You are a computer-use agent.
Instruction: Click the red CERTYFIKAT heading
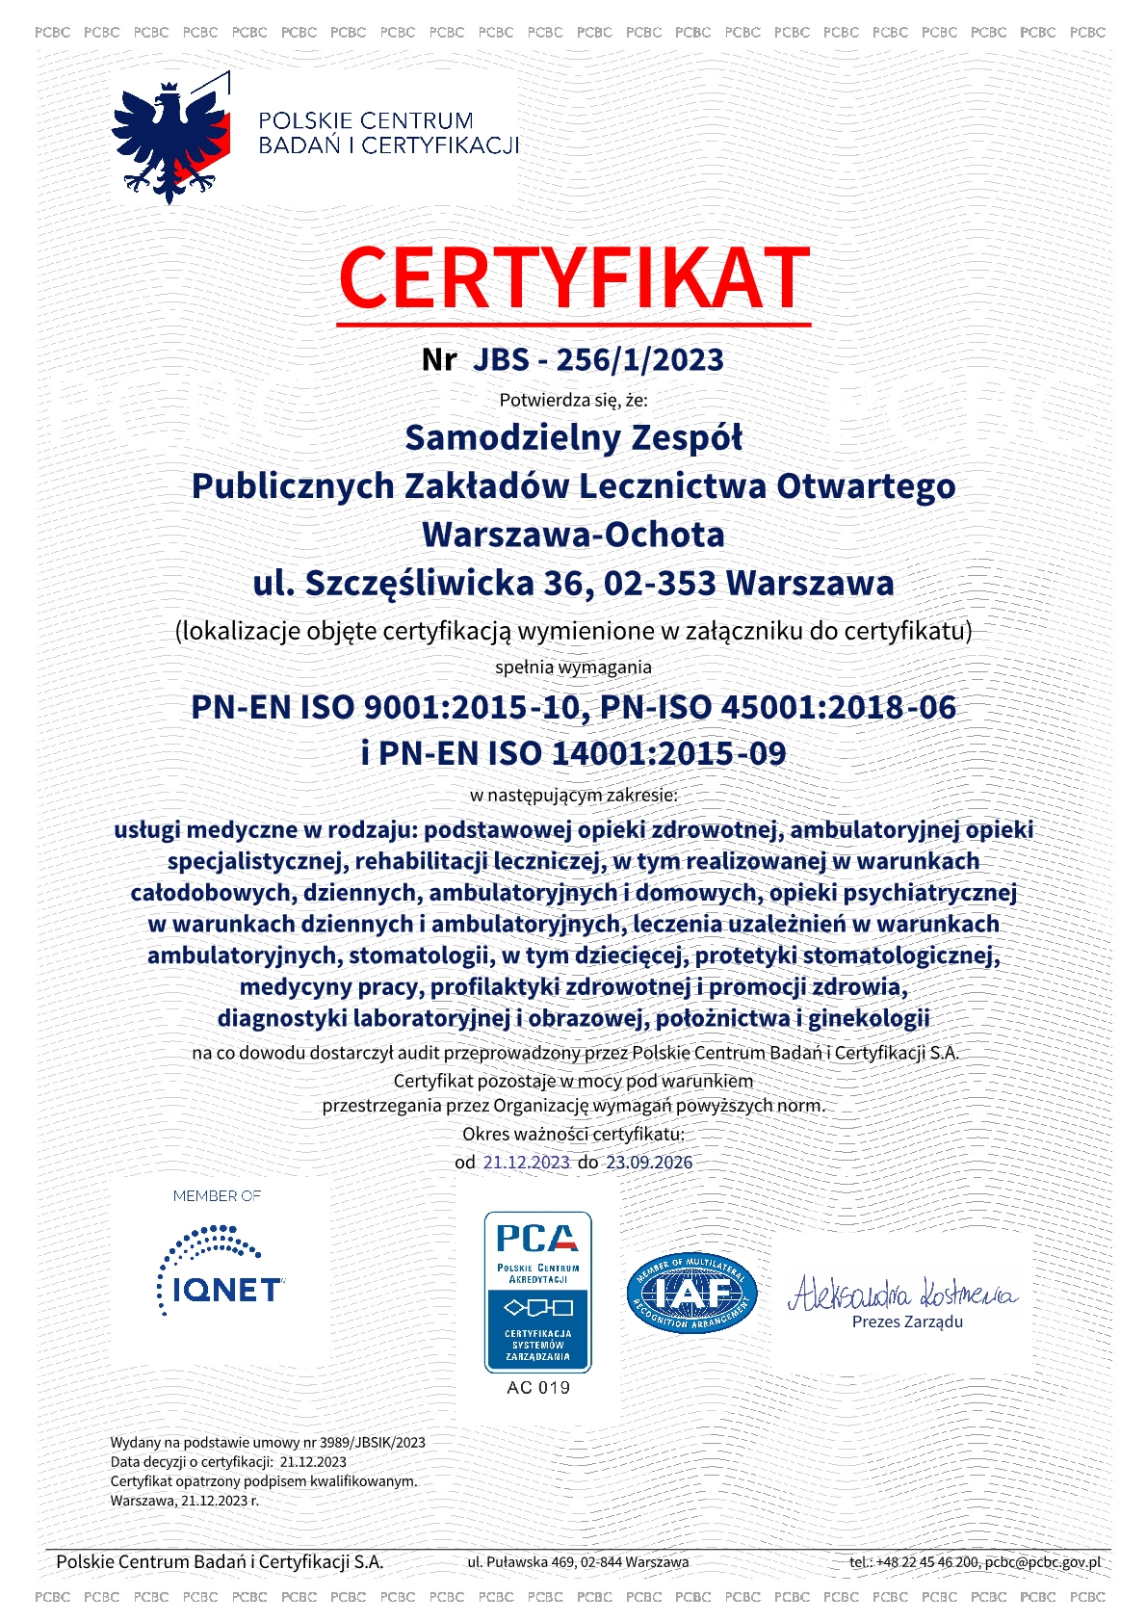pyautogui.click(x=574, y=278)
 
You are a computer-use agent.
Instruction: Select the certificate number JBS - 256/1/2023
pyautogui.click(x=598, y=359)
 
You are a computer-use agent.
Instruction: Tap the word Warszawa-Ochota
pyautogui.click(x=573, y=535)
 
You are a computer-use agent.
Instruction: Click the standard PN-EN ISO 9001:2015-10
pyautogui.click(x=385, y=707)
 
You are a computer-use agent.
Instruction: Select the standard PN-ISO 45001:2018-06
pyautogui.click(x=778, y=707)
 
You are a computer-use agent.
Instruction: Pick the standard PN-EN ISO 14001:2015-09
pyautogui.click(x=584, y=753)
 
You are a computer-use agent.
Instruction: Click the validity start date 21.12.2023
pyautogui.click(x=527, y=1163)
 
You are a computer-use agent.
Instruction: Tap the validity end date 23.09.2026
pyautogui.click(x=649, y=1163)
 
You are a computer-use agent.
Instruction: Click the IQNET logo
pyautogui.click(x=221, y=1271)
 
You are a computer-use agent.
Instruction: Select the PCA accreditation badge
pyautogui.click(x=537, y=1292)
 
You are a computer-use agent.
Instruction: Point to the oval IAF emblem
pyautogui.click(x=691, y=1294)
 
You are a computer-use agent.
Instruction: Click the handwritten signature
pyautogui.click(x=902, y=1292)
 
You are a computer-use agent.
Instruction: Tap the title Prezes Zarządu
pyautogui.click(x=907, y=1322)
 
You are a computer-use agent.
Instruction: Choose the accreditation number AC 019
pyautogui.click(x=538, y=1388)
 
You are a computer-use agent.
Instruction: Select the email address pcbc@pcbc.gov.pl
pyautogui.click(x=1042, y=1562)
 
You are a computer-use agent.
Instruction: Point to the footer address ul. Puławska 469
pyautogui.click(x=522, y=1562)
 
